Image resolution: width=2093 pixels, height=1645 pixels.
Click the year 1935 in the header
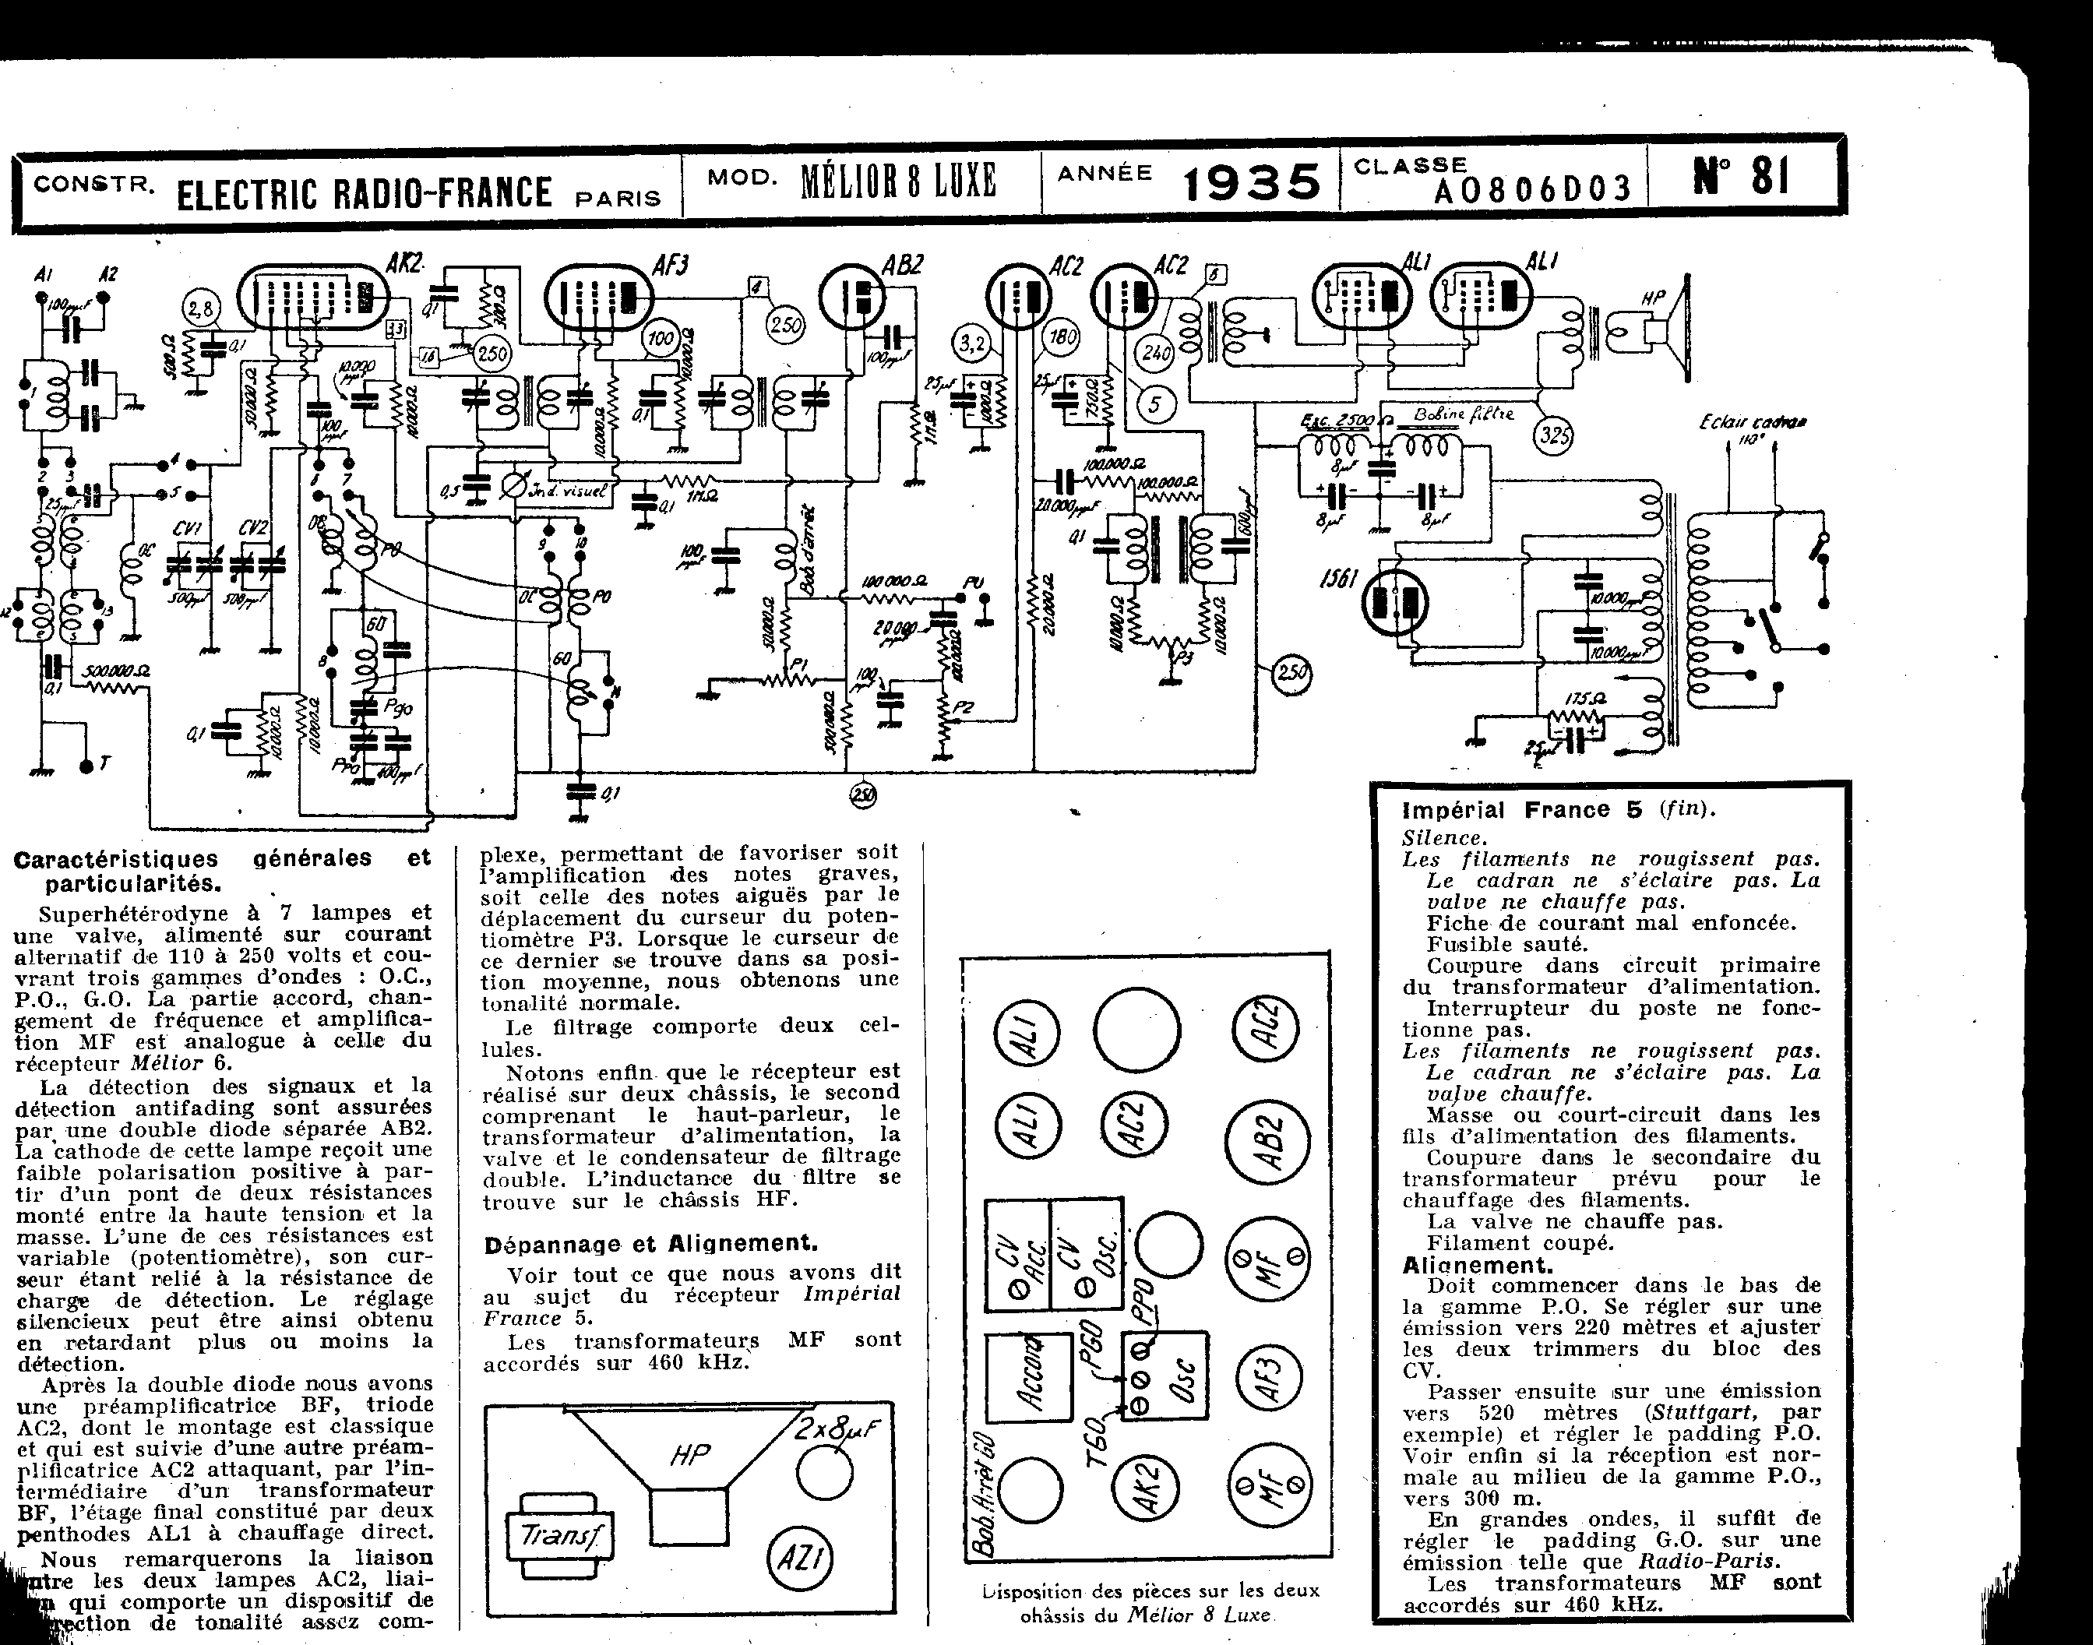tap(1250, 182)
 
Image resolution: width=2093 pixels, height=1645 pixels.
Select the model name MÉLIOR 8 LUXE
tap(897, 180)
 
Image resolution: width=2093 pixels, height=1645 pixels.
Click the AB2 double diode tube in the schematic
tap(855, 298)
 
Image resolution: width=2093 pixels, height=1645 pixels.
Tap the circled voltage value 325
tap(1552, 435)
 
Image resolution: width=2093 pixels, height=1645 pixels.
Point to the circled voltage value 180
tap(1062, 337)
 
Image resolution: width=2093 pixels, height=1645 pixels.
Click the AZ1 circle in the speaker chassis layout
tap(799, 1557)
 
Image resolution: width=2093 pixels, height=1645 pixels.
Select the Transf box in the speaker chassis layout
tap(558, 1538)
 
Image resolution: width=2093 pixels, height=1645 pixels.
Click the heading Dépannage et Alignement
tap(651, 1243)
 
